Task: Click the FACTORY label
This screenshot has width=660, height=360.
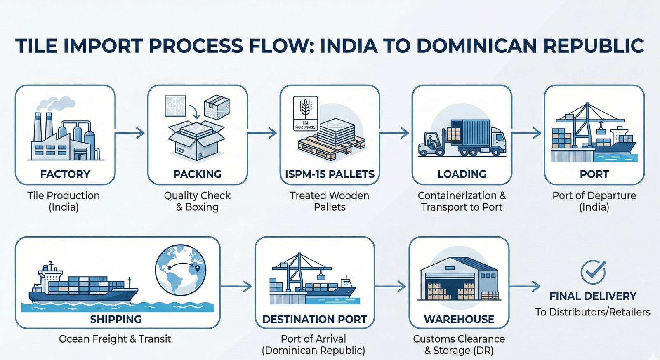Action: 65,174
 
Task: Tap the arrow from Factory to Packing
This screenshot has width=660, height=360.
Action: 130,133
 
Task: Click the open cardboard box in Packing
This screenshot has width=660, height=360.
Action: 196,140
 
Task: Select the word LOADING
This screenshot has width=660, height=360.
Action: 462,174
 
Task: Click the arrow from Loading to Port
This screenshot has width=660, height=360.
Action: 527,133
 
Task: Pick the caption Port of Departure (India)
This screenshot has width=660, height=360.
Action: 594,201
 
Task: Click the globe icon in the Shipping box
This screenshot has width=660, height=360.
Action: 181,270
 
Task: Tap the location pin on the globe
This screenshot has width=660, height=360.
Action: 197,269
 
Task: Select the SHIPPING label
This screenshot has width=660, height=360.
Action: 116,319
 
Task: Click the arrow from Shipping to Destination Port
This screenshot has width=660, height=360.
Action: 236,286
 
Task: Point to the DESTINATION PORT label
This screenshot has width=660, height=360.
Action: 315,319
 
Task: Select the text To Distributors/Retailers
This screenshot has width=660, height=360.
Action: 593,312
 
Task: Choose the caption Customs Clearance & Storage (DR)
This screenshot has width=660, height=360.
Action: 459,345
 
